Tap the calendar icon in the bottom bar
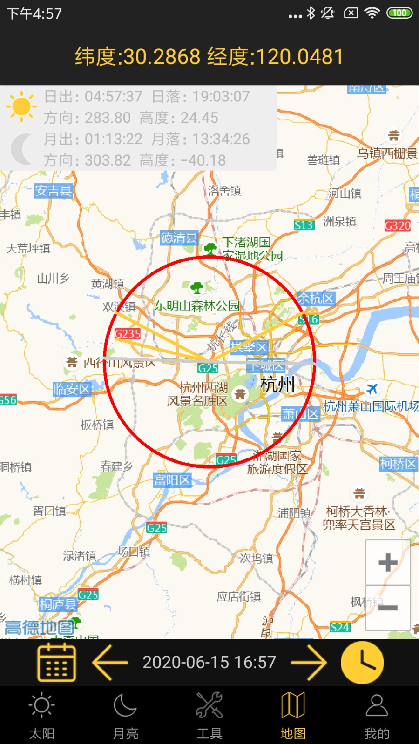56,663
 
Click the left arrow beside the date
110,663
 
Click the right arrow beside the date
309,663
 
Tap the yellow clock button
362,663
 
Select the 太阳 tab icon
42,706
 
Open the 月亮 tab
126,706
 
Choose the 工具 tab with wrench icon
209,706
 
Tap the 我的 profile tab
377,706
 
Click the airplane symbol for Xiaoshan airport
372,389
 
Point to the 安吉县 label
54,191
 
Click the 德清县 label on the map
179,238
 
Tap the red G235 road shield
128,334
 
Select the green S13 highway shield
304,226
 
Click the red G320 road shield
397,226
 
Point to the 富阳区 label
172,480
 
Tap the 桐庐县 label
58,604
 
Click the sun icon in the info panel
21,106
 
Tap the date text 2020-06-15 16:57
209,663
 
